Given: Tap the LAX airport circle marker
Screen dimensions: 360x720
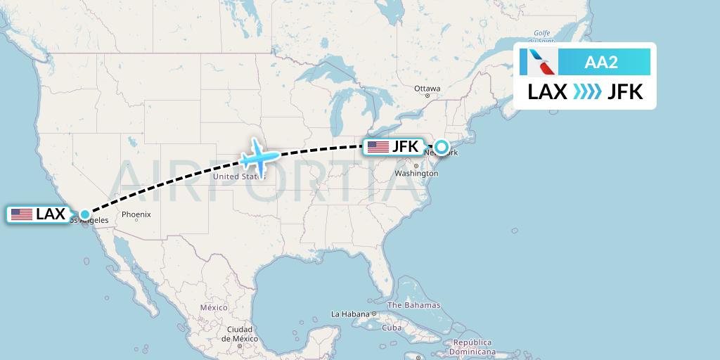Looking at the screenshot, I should [84, 214].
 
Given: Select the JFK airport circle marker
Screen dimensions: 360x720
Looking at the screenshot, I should [441, 147].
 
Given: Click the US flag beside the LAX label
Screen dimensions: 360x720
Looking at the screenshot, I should [22, 214].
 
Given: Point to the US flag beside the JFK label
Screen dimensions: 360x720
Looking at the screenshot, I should [378, 147].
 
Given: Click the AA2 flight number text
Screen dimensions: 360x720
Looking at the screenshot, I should [601, 62].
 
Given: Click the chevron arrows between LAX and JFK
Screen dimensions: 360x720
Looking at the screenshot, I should [587, 92].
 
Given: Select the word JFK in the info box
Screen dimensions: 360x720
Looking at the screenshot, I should [625, 92].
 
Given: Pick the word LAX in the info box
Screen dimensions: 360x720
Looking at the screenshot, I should [548, 92].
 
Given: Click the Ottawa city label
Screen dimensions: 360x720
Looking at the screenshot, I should [427, 89].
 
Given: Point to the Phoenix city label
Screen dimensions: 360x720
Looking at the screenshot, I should [136, 214].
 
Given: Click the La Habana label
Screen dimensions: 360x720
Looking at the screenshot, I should [350, 314].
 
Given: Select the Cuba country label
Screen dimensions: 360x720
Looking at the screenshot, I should [391, 328].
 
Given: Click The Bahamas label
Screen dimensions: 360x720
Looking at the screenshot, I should [414, 305].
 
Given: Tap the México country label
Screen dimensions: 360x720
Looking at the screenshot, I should [214, 308].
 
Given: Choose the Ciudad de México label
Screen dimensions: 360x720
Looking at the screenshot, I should [240, 333].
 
